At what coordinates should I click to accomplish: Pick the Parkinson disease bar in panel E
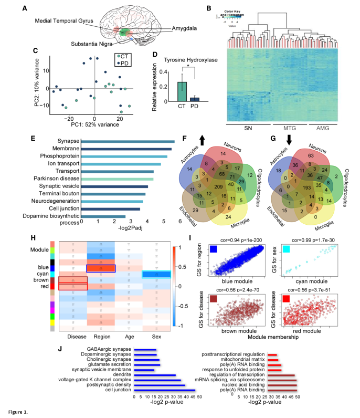[124, 179]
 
